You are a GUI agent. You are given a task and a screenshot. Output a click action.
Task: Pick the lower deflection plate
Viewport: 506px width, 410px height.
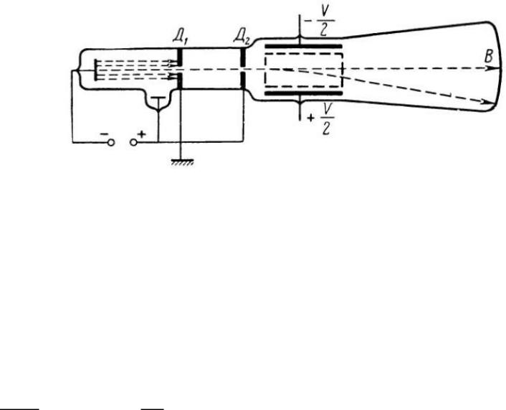point(303,93)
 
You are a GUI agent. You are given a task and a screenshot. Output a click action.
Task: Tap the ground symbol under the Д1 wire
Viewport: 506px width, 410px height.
point(181,163)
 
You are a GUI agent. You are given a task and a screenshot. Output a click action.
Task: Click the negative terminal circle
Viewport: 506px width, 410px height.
point(111,142)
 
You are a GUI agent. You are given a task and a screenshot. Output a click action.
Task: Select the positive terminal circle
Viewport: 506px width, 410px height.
point(134,142)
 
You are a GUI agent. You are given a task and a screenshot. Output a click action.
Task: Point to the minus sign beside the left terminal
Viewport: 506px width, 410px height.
point(102,134)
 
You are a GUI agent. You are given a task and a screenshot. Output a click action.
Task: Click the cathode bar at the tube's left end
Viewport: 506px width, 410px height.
point(95,70)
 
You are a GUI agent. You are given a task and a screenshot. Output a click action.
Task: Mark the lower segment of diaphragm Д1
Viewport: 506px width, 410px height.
point(181,81)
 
